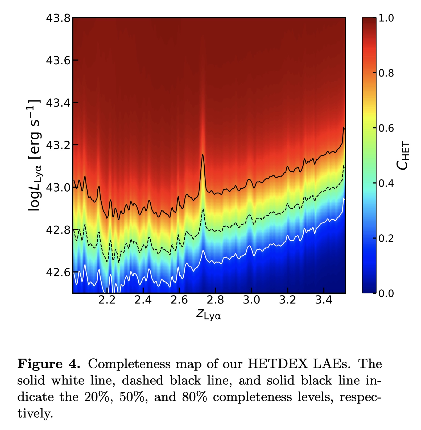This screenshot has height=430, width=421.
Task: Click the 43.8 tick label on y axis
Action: click(x=58, y=18)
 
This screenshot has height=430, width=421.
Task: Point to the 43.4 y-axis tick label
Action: click(x=58, y=103)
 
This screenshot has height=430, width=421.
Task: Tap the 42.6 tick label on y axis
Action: click(x=58, y=272)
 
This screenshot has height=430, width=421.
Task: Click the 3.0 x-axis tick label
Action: click(x=251, y=300)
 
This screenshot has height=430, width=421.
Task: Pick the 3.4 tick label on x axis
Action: click(x=324, y=300)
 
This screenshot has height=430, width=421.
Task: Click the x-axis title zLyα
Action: click(x=209, y=314)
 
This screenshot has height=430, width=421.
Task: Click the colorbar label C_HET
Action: click(x=403, y=155)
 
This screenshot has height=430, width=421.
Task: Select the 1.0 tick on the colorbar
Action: click(x=386, y=18)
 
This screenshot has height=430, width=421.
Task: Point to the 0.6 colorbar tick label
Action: click(x=386, y=128)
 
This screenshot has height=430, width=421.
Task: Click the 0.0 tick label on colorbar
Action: click(x=386, y=293)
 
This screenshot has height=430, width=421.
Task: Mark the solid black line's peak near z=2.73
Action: click(x=203, y=155)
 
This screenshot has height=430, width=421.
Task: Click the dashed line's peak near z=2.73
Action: click(x=203, y=209)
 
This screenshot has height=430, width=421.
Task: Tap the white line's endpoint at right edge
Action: click(x=344, y=198)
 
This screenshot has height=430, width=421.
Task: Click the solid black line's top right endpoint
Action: click(x=344, y=127)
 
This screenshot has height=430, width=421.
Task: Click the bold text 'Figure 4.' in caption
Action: click(x=49, y=364)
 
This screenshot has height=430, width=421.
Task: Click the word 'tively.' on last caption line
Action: click(x=35, y=414)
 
